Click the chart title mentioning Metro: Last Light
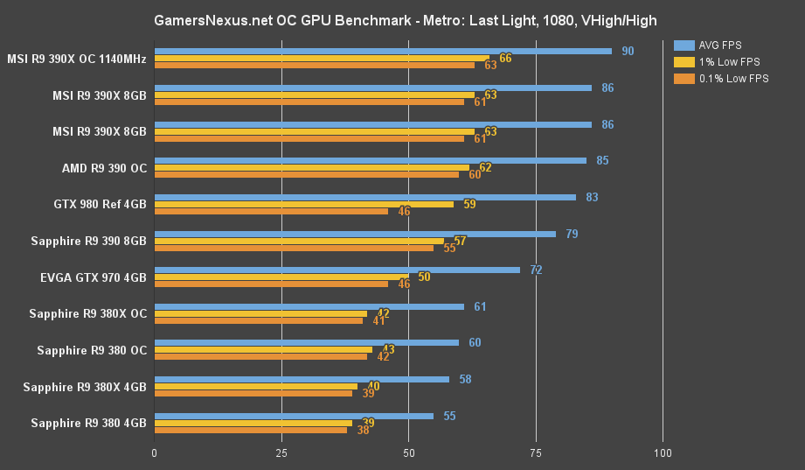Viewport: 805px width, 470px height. tap(405, 19)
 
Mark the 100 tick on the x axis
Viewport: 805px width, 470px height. tap(663, 453)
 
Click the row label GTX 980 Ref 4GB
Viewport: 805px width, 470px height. tap(100, 204)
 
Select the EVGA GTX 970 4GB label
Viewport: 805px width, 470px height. tap(93, 277)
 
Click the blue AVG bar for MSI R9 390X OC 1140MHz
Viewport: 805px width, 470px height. tap(383, 51)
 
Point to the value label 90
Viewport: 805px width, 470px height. tap(628, 51)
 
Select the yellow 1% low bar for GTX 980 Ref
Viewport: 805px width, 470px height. tap(304, 204)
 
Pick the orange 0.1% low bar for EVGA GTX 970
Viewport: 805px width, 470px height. tap(271, 284)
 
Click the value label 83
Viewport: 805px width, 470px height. tap(592, 197)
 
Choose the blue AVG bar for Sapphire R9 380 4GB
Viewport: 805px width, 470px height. tap(294, 416)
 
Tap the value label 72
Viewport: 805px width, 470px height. tap(536, 270)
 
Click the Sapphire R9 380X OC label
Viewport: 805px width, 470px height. tap(87, 313)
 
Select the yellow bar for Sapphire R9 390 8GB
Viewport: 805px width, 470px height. tap(299, 241)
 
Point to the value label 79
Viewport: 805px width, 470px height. tap(572, 234)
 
